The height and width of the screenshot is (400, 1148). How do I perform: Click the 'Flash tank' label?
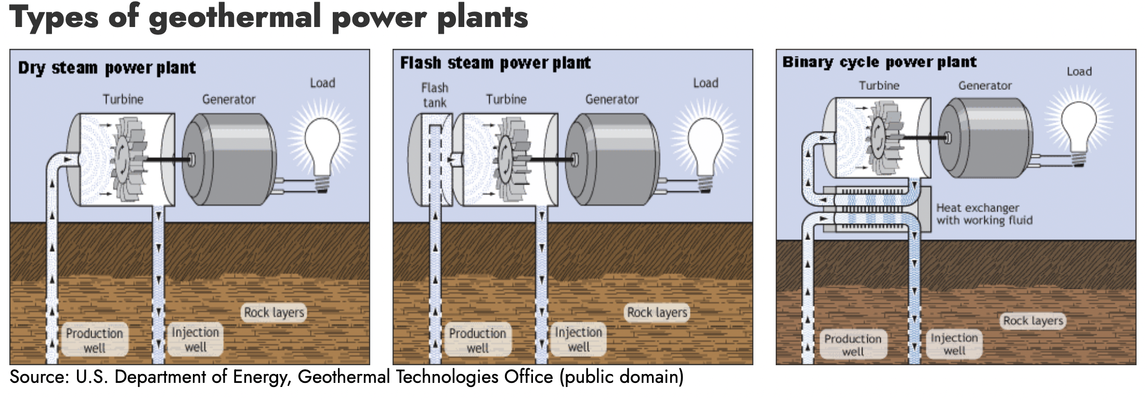pos(435,95)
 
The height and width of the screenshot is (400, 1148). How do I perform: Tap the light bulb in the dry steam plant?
pos(322,148)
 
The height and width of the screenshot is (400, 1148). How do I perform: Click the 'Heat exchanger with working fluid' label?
pos(984,214)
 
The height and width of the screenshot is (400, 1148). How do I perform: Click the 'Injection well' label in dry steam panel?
pos(195,339)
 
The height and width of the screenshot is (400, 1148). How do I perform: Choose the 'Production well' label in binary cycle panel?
pos(853,344)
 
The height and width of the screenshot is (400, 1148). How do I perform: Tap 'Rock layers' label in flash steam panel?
pos(657,312)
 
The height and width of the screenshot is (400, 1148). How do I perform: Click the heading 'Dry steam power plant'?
pos(107,68)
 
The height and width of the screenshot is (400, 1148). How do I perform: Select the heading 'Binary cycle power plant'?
pos(879,62)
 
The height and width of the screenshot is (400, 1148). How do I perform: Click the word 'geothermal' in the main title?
pos(234,17)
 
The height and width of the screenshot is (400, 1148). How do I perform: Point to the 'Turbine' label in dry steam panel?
pos(123,99)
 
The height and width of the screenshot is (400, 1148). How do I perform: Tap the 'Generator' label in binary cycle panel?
pos(985,86)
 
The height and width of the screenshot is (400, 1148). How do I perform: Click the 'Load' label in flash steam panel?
pos(706,83)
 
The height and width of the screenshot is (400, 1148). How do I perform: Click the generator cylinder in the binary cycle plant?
pos(985,138)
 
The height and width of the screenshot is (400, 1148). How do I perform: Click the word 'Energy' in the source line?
pos(261,377)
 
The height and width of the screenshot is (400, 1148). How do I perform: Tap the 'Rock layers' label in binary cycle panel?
pos(1033,321)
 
